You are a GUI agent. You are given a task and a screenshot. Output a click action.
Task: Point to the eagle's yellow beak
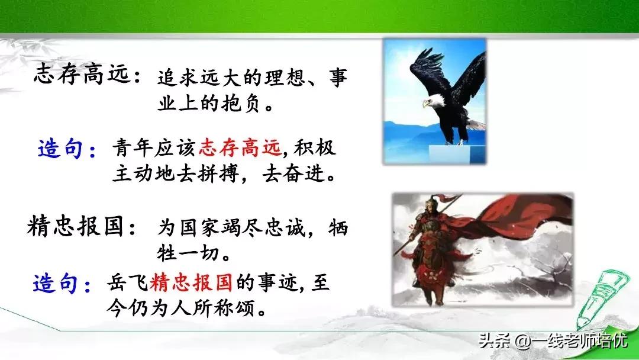tap(425, 105)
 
